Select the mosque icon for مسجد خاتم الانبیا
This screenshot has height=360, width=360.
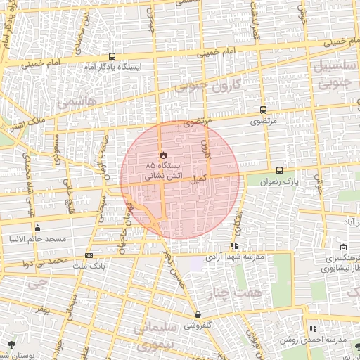37,228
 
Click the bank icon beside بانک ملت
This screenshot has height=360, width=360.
89,255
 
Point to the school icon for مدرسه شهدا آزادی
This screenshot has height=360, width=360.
234,246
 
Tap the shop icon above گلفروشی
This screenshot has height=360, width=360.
197,314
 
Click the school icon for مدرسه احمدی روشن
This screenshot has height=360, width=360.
312,328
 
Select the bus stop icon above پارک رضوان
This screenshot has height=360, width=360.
279,169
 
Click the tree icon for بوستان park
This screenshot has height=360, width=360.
10,345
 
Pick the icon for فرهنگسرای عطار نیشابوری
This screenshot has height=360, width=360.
343,247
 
